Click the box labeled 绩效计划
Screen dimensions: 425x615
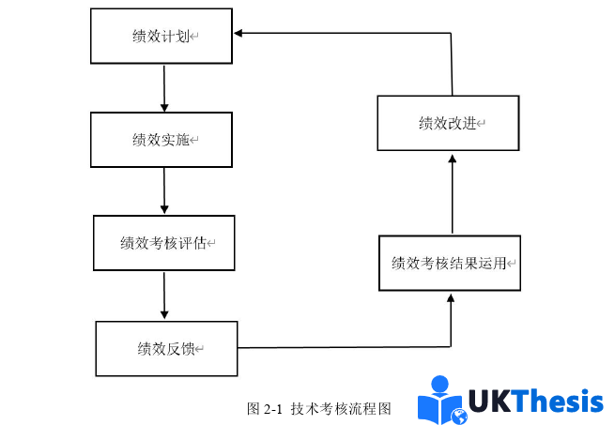161,37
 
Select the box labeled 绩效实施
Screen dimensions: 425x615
161,140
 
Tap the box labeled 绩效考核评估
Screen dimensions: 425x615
163,243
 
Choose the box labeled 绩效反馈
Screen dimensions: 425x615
166,349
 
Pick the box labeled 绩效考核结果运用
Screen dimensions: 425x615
451,264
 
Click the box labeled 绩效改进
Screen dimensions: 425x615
449,123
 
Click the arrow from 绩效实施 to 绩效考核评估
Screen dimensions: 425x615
164,191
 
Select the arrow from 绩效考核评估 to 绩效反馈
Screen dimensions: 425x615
164,296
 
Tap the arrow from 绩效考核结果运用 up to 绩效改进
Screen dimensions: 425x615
452,193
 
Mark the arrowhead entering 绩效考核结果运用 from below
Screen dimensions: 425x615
452,298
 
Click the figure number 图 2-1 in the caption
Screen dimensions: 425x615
265,409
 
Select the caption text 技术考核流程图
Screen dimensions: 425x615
340,409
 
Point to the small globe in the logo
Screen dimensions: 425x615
460,416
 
